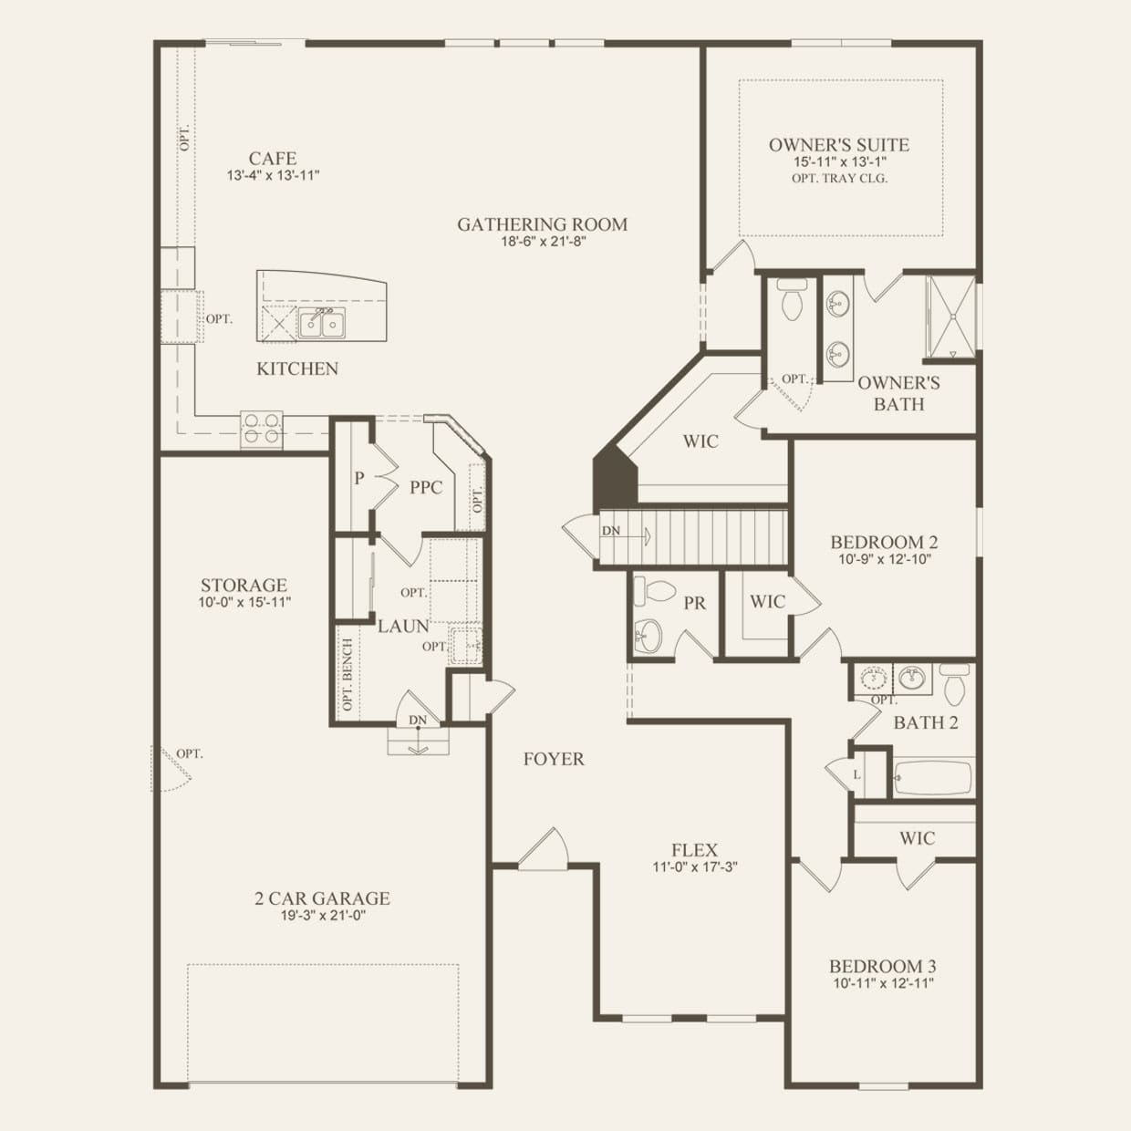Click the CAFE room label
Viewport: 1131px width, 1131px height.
pos(273,159)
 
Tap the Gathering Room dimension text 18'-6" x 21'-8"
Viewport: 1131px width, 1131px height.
pos(543,242)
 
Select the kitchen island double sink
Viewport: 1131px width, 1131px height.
pos(322,324)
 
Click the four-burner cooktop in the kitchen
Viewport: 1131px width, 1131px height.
pos(261,428)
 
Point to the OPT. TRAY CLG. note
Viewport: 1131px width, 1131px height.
pos(839,179)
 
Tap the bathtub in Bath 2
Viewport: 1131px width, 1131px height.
pos(933,778)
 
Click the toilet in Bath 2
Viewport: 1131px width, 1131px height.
pos(953,684)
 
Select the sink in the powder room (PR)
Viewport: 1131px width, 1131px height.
pos(648,635)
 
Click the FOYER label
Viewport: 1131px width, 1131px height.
pos(554,760)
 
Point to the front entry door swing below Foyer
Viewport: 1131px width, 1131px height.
pos(545,848)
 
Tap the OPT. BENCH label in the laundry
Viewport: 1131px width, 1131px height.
pos(348,675)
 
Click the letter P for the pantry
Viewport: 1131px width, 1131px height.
pos(359,478)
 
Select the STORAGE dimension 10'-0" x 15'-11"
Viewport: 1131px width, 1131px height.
pos(244,602)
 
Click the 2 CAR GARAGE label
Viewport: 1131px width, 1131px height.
pos(322,898)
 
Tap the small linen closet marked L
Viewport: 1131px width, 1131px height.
pos(856,775)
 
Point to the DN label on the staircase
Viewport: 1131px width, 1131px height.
pos(611,531)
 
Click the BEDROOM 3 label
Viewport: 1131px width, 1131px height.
pos(883,966)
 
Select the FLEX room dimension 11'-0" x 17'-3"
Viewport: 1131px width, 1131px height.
pos(695,866)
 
